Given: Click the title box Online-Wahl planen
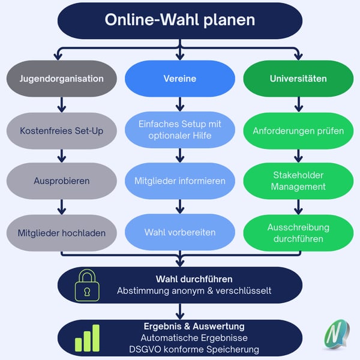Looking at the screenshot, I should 179,20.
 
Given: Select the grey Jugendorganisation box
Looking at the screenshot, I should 61,79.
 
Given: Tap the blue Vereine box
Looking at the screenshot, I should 180,79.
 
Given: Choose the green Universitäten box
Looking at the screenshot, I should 298,79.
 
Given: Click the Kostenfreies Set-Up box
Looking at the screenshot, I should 61,130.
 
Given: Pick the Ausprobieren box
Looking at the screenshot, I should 61,180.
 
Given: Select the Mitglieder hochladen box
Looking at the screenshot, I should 61,232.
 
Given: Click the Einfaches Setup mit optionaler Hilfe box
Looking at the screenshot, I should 180,130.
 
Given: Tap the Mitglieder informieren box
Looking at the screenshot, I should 180,180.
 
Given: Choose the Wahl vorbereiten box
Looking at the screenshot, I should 180,232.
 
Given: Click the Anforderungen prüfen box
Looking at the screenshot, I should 298,130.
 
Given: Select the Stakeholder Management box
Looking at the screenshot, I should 298,180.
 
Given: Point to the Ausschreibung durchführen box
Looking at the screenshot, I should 298,232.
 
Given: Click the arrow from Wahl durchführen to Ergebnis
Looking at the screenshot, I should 180,311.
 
